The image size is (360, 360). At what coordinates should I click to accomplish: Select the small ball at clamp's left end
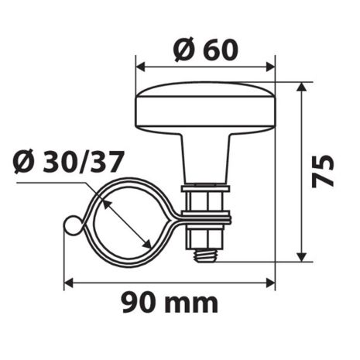70,226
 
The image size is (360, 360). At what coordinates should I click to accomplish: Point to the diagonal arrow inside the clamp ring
125,221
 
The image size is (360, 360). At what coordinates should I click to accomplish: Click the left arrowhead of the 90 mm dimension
68,283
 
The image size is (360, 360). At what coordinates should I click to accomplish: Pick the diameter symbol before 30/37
22,163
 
